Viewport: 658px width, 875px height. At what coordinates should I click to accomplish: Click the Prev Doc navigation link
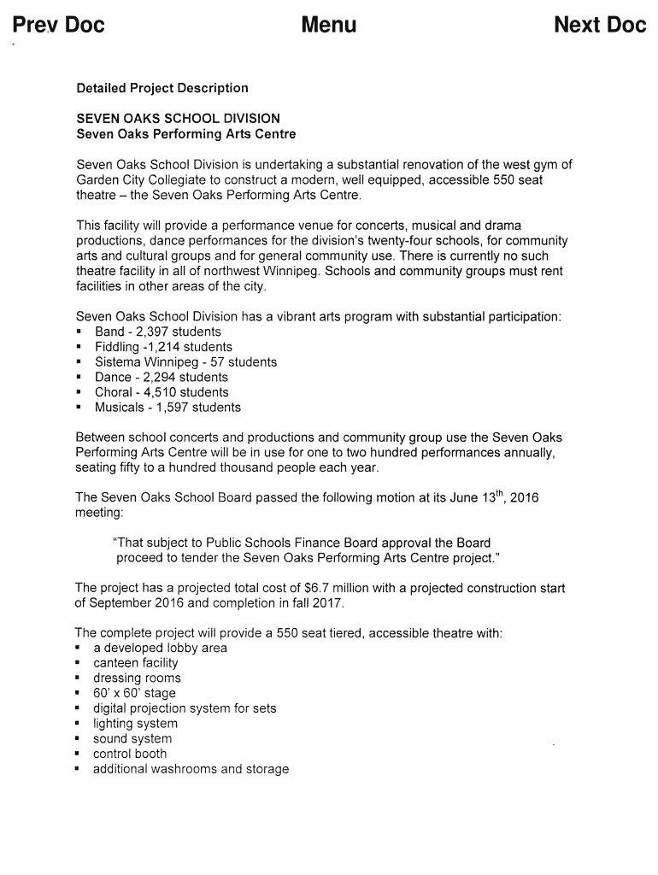pyautogui.click(x=58, y=26)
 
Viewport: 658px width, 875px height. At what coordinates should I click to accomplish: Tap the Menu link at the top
pyautogui.click(x=329, y=26)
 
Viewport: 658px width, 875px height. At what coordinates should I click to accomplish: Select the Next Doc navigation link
pyautogui.click(x=600, y=26)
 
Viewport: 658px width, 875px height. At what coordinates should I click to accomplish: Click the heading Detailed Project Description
pyautogui.click(x=162, y=88)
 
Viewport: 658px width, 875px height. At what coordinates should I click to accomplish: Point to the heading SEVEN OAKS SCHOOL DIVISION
pyautogui.click(x=178, y=119)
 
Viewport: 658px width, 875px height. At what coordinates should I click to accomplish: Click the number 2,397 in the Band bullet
pyautogui.click(x=154, y=332)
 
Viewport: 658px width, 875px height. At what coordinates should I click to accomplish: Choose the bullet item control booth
pyautogui.click(x=130, y=754)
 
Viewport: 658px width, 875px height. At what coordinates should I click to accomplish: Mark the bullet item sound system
pyautogui.click(x=132, y=738)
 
